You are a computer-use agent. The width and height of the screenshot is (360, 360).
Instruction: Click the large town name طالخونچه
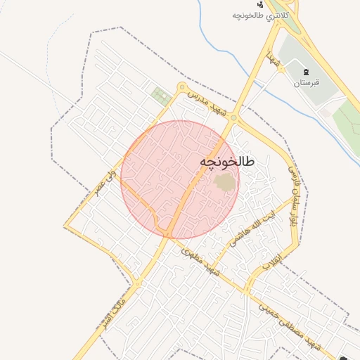pyautogui.click(x=227, y=162)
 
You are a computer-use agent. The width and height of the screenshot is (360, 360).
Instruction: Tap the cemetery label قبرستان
pyautogui.click(x=306, y=83)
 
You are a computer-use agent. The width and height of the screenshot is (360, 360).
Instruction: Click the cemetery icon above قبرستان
pyautogui.click(x=306, y=72)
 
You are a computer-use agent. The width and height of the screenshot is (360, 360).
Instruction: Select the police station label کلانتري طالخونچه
pyautogui.click(x=261, y=15)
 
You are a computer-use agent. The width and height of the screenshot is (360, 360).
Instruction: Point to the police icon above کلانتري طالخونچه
pyautogui.click(x=261, y=4)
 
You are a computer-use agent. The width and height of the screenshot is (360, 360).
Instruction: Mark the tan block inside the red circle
pyautogui.click(x=225, y=183)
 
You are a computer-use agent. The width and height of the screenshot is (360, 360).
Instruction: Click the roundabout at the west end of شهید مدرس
pyautogui.click(x=182, y=88)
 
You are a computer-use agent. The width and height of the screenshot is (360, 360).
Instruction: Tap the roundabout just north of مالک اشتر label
pyautogui.click(x=138, y=283)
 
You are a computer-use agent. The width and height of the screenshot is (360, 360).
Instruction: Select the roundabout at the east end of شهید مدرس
pyautogui.click(x=233, y=119)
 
